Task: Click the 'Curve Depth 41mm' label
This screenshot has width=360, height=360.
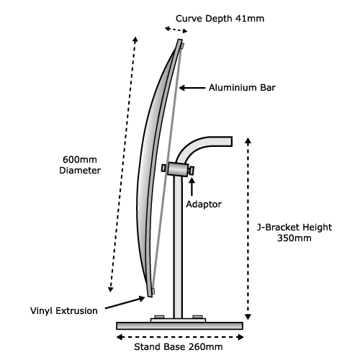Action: pyautogui.click(x=220, y=19)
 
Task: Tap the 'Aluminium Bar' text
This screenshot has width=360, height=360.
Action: pyautogui.click(x=242, y=88)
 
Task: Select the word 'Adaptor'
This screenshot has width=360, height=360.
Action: pyautogui.click(x=204, y=204)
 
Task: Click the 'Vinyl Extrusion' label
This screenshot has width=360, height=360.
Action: pyautogui.click(x=64, y=311)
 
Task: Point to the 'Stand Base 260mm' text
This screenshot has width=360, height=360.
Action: pyautogui.click(x=179, y=347)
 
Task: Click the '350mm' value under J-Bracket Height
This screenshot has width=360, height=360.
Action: pyautogui.click(x=294, y=238)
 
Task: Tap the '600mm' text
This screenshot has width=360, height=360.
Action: pyautogui.click(x=80, y=160)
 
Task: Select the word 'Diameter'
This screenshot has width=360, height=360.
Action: pyautogui.click(x=80, y=171)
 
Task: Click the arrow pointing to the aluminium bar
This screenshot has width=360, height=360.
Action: pyautogui.click(x=192, y=88)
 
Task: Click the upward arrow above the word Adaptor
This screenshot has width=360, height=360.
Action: pyautogui.click(x=192, y=187)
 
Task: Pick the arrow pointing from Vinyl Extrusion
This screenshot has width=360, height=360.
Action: pyautogui.click(x=125, y=303)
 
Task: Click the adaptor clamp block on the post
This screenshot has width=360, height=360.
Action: pyautogui.click(x=178, y=169)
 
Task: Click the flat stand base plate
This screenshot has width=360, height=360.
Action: pyautogui.click(x=179, y=325)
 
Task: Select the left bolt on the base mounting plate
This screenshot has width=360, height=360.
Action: pyautogui.click(x=159, y=317)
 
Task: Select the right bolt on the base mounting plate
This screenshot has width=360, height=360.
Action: pyautogui.click(x=197, y=317)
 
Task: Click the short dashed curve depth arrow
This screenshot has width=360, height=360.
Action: pyautogui.click(x=176, y=30)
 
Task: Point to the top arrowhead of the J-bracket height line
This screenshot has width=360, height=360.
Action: pyautogui.click(x=248, y=140)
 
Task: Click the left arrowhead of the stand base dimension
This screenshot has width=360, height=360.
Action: pyautogui.click(x=120, y=337)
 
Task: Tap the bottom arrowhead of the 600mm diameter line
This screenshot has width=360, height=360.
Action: pyautogui.click(x=110, y=289)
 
